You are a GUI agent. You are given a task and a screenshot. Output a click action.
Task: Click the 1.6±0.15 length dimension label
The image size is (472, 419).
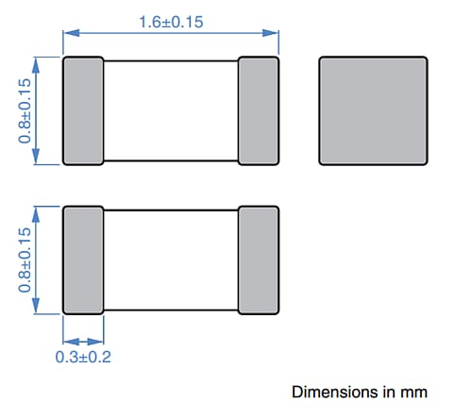(171, 22)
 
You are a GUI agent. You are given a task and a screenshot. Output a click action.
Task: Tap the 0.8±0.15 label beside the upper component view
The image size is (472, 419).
(25, 110)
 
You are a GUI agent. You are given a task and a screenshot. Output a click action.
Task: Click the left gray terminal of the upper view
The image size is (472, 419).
(83, 110)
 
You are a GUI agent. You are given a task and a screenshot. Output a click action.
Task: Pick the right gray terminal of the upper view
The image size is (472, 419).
(259, 110)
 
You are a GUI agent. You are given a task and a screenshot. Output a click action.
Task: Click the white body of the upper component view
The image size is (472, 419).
(171, 110)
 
